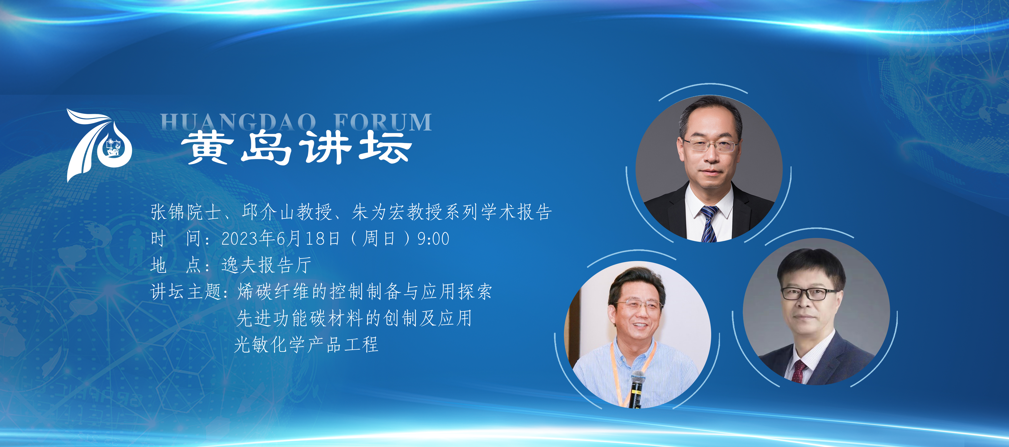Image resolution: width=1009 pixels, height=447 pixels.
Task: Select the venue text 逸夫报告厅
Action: tap(266, 265)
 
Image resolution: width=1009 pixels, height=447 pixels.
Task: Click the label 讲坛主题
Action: tap(186, 292)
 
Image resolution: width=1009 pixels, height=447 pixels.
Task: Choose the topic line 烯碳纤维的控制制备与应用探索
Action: tap(365, 292)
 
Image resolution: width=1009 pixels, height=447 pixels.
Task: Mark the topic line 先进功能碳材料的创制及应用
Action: tap(355, 318)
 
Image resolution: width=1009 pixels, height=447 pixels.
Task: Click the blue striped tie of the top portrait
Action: tap(709, 223)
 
